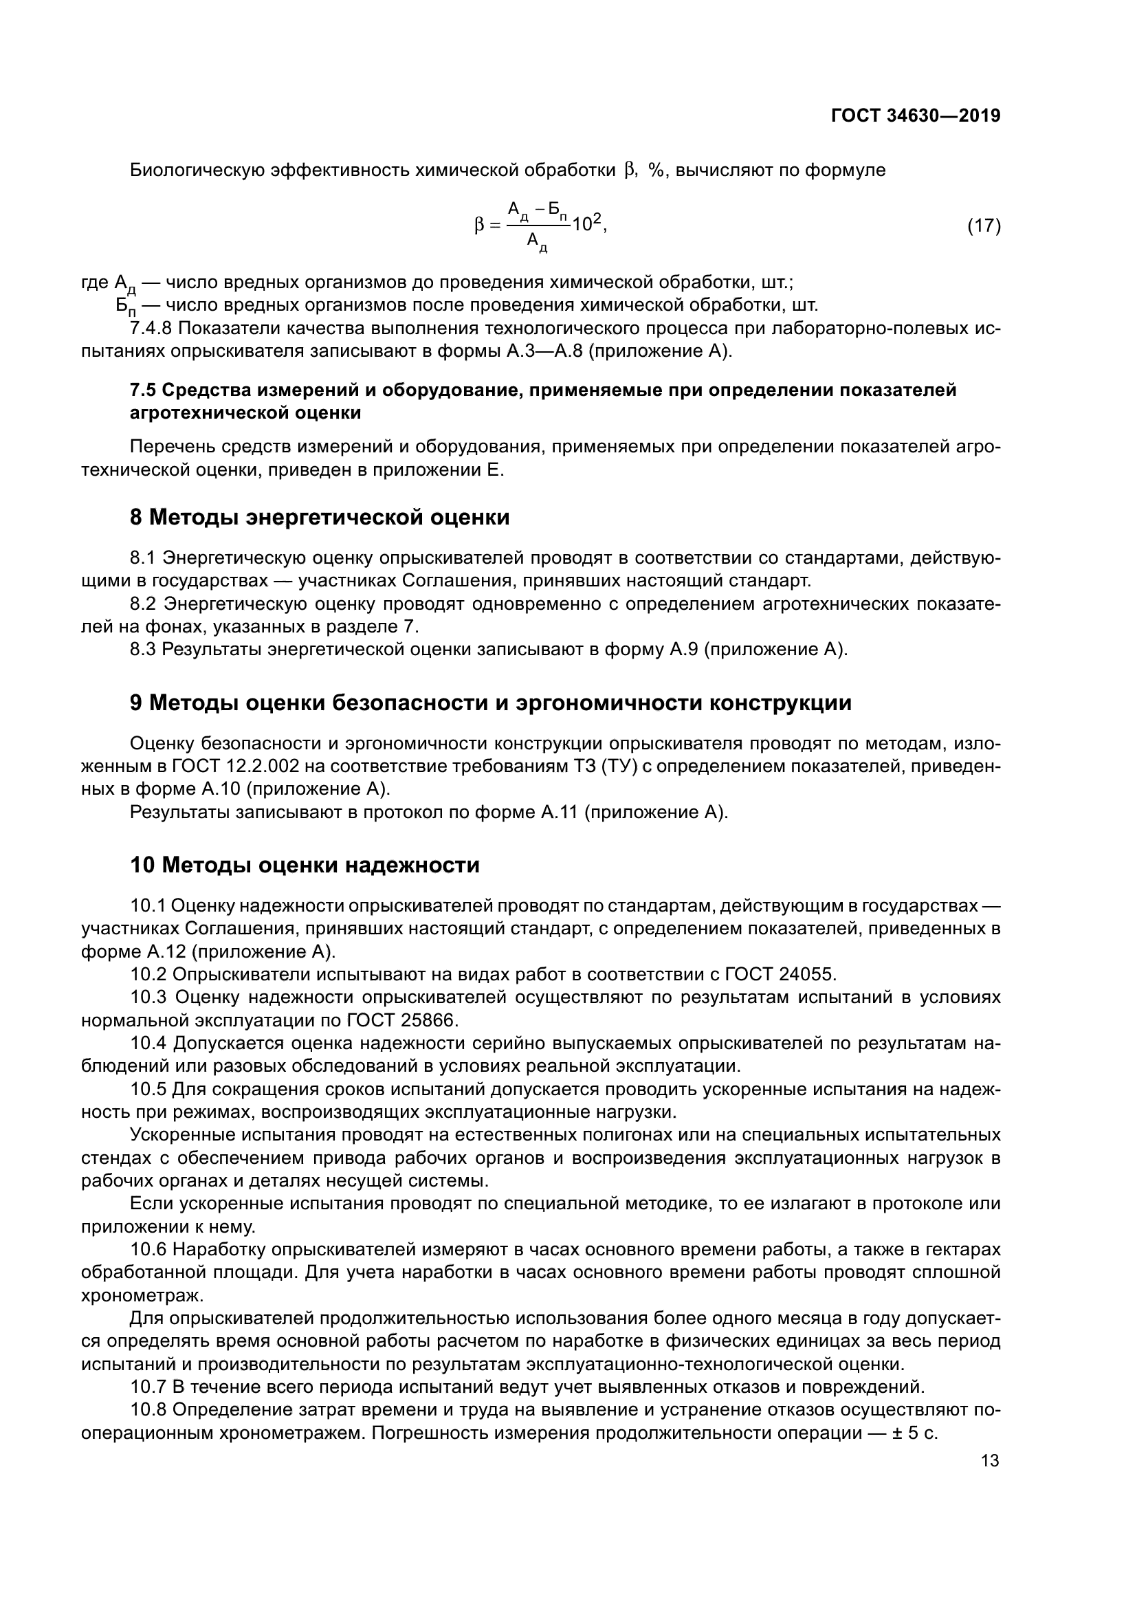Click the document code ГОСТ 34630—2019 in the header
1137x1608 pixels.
915,115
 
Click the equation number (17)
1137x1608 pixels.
984,225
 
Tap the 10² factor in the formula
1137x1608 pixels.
587,224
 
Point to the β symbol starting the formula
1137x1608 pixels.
479,225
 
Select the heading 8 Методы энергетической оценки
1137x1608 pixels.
319,518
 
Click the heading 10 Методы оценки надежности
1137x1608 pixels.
305,865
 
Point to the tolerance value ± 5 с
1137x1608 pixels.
914,1433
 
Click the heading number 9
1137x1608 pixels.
137,703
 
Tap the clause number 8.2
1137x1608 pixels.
143,604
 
